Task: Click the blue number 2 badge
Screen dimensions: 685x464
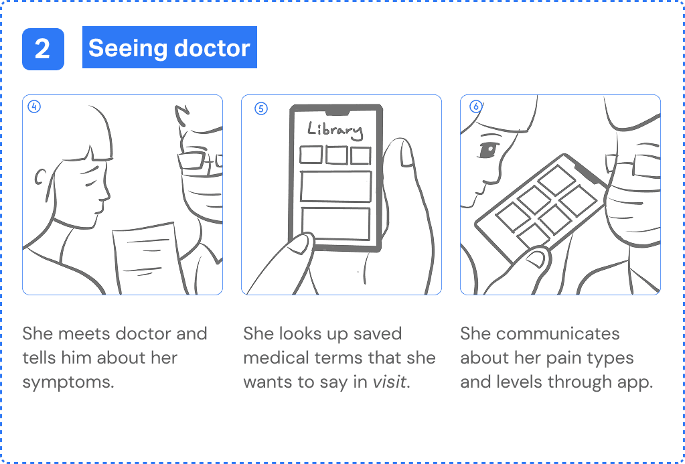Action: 43,49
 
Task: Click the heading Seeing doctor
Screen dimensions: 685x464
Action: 169,48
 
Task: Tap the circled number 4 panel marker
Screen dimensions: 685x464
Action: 34,106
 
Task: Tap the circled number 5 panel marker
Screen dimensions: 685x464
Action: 261,108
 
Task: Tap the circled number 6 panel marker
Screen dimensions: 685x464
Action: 476,106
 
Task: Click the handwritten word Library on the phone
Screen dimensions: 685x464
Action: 335,129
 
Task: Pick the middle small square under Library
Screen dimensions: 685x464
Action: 335,155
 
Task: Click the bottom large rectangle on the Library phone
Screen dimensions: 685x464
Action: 335,224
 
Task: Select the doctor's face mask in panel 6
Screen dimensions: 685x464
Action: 633,201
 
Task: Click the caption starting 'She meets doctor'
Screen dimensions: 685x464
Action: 115,358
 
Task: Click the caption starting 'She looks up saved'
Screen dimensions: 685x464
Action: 339,358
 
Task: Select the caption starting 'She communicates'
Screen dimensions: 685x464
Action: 556,358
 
